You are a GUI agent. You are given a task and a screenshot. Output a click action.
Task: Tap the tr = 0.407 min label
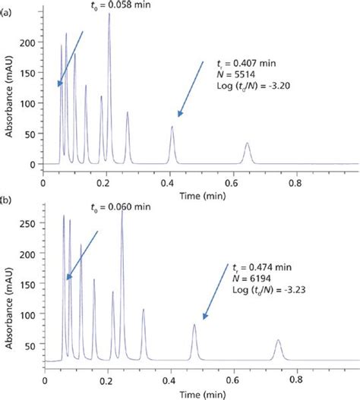[x=248, y=65]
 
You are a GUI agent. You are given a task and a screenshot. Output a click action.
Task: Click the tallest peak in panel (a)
[x=109, y=15]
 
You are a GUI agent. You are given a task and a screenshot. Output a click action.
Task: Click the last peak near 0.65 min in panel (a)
[x=247, y=144]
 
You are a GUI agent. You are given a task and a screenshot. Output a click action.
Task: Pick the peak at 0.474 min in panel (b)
[x=194, y=326]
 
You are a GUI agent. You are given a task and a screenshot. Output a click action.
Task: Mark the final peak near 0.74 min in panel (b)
[x=278, y=341]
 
